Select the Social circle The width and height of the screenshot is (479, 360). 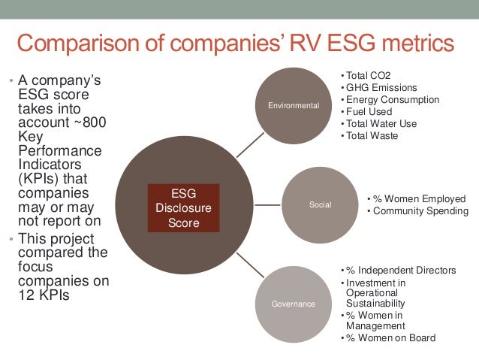tap(320, 204)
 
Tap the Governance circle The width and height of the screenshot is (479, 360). tap(293, 303)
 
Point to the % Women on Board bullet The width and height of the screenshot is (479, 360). tap(390, 337)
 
